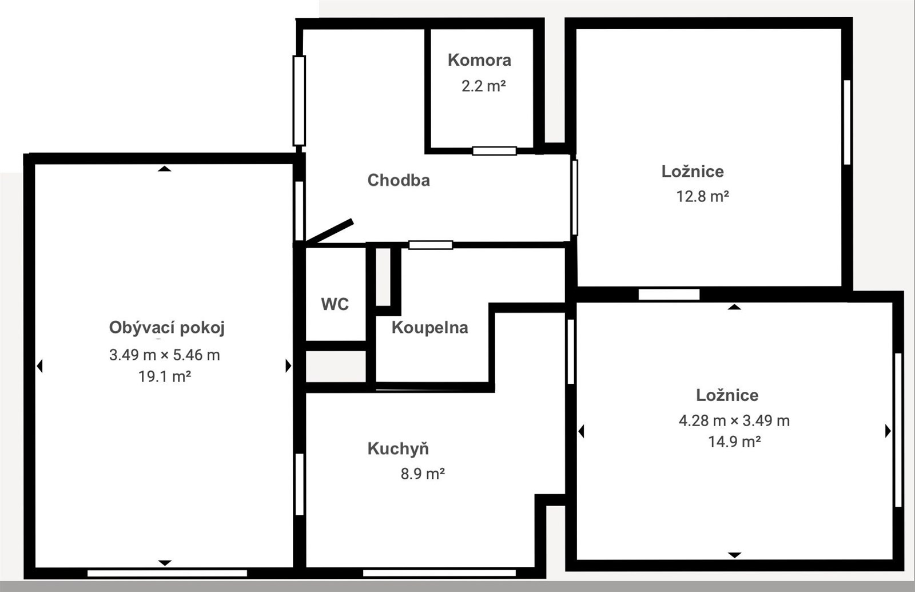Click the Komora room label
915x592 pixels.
479,60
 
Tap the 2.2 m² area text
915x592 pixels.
484,86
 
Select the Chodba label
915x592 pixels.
398,180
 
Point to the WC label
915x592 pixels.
335,304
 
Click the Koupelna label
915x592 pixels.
429,328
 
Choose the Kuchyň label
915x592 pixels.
398,448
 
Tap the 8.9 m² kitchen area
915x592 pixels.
423,474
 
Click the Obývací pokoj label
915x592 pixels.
166,328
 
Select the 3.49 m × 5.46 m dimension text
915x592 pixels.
165,355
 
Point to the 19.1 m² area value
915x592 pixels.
165,376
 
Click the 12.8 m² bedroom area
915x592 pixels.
703,197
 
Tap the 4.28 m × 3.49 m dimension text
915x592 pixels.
734,420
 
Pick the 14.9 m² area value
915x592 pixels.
734,442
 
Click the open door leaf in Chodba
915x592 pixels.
329,231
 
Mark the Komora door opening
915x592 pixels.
494,151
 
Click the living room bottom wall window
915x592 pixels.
167,574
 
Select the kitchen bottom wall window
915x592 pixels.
439,573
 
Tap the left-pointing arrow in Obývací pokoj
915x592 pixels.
39,365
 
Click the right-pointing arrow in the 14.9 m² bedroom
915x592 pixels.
888,431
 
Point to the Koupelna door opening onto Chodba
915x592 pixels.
431,245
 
